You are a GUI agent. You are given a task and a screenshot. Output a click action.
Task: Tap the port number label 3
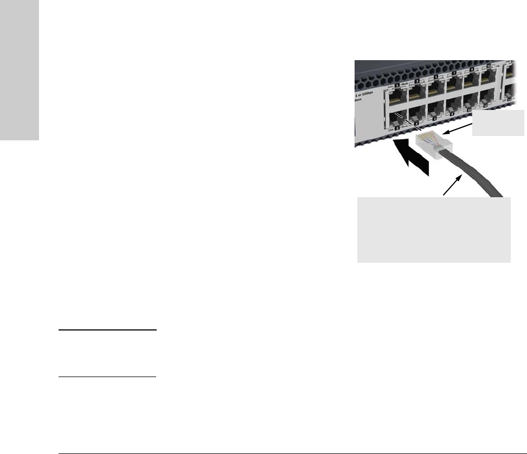pos(417,82)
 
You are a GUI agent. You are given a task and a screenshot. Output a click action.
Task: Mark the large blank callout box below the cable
pos(434,230)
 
